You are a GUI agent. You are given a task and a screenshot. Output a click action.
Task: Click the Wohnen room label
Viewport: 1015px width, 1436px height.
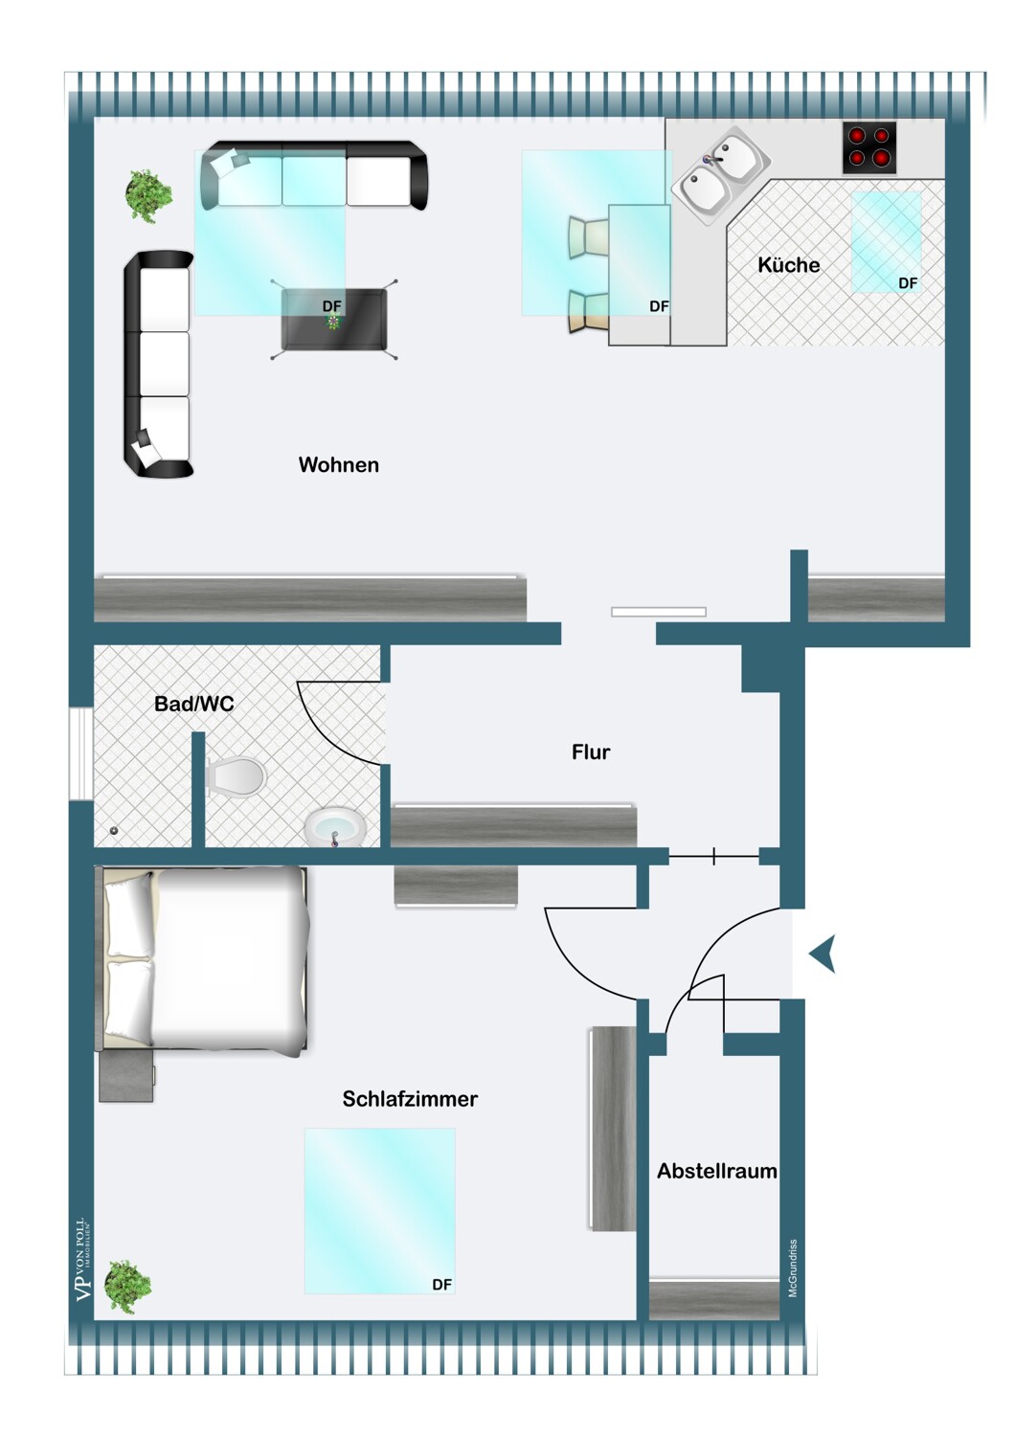click(339, 464)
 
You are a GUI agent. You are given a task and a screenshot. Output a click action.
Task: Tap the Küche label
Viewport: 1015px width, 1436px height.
click(789, 265)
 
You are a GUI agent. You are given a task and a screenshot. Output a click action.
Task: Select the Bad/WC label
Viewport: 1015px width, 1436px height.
click(194, 704)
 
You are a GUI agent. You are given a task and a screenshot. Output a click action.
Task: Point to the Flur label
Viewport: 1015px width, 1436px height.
click(591, 752)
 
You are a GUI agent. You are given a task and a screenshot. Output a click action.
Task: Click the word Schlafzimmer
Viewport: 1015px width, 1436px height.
click(410, 1099)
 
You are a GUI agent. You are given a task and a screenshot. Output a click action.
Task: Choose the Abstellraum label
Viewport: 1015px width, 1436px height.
click(717, 1171)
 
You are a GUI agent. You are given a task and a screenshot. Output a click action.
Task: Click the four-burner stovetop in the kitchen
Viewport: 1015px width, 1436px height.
click(868, 147)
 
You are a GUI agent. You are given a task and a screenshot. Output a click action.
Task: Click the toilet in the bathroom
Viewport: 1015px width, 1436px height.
click(236, 777)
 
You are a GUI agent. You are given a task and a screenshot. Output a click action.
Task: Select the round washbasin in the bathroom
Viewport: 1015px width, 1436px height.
click(335, 828)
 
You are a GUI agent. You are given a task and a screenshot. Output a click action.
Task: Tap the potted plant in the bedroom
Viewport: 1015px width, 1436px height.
click(128, 1287)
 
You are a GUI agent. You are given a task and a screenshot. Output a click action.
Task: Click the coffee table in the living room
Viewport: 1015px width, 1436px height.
click(333, 319)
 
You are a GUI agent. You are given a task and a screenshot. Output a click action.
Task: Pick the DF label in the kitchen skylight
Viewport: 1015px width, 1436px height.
click(908, 282)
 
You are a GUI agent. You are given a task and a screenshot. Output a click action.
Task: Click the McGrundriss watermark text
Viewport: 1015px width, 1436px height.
click(793, 1268)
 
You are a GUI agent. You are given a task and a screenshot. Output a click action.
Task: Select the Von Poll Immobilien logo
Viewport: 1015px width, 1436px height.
click(83, 1260)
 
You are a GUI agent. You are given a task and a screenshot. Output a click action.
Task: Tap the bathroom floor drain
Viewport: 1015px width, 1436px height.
click(114, 831)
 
